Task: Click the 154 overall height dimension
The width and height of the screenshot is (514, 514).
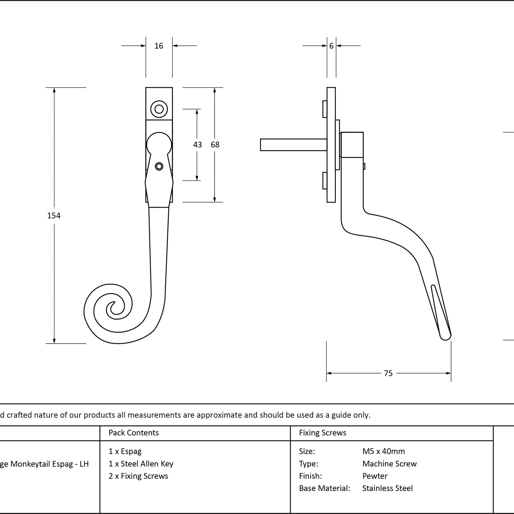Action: [x=54, y=216]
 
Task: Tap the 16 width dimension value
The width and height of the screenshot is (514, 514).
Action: [x=159, y=46]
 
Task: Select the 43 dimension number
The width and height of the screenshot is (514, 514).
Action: [x=197, y=144]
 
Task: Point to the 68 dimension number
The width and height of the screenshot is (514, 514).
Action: [x=215, y=144]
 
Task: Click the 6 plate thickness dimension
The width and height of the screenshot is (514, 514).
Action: [x=331, y=46]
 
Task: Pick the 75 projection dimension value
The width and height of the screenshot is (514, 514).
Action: [x=388, y=373]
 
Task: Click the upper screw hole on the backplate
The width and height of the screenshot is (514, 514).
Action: [x=159, y=109]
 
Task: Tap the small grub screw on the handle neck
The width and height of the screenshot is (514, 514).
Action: [x=159, y=166]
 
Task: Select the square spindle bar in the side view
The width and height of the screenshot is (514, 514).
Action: [x=294, y=145]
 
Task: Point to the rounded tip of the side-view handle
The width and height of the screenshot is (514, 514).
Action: [x=445, y=337]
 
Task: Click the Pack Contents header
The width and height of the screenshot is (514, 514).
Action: [x=133, y=432]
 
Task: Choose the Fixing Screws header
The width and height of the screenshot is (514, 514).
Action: [x=322, y=432]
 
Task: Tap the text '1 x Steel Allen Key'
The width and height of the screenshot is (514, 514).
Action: [x=141, y=464]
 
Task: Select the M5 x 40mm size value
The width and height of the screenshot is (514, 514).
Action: [x=383, y=451]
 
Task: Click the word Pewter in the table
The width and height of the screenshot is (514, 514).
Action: [x=375, y=476]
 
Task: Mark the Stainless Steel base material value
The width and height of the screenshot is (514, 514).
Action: [x=387, y=488]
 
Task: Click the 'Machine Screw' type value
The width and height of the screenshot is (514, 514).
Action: [x=389, y=464]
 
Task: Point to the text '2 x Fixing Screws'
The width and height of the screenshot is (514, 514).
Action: [x=138, y=476]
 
